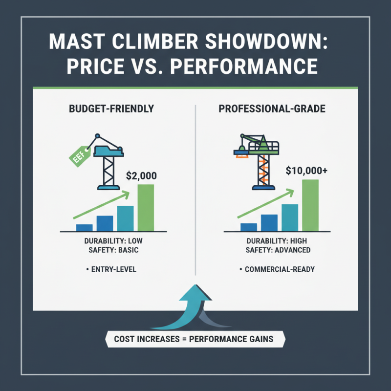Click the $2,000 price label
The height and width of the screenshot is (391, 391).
(x=142, y=175)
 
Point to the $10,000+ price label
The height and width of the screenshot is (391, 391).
(x=306, y=172)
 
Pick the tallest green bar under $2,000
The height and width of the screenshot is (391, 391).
(x=146, y=207)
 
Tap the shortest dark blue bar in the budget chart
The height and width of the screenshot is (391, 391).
(x=85, y=227)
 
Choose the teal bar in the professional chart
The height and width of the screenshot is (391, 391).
(x=290, y=217)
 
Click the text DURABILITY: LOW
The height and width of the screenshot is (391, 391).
(x=113, y=241)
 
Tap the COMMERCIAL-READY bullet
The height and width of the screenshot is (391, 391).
(x=277, y=269)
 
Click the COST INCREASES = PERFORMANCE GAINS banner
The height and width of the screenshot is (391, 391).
(x=194, y=339)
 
